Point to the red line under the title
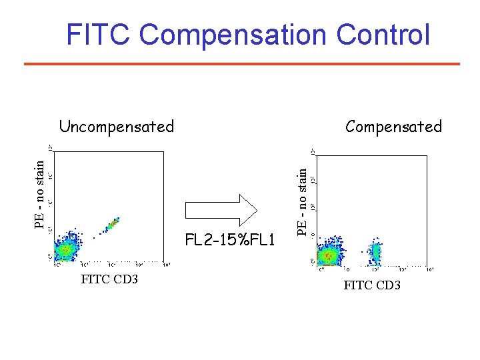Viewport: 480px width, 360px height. [x=241, y=64]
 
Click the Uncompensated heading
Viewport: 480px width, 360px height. [x=116, y=126]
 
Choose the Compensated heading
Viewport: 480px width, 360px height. [x=393, y=126]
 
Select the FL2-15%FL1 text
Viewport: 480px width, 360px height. [x=230, y=239]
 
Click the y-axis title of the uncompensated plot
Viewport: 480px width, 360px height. [x=41, y=193]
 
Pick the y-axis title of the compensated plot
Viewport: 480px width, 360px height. [x=303, y=201]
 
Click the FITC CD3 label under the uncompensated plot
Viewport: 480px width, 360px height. [x=109, y=279]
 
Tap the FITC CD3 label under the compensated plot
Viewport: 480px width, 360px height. [x=372, y=285]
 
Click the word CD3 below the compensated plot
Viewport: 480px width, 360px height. [x=387, y=285]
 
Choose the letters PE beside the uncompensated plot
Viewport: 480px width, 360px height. [x=41, y=220]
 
